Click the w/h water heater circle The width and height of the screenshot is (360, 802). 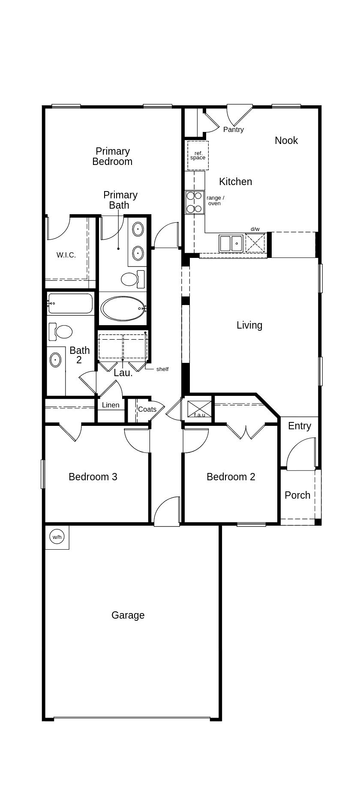[57, 537]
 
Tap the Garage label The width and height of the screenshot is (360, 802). [128, 615]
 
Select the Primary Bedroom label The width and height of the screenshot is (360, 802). [112, 156]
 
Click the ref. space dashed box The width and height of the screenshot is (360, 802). [198, 156]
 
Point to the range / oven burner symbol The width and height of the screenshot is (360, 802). [194, 202]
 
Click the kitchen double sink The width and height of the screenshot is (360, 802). [231, 243]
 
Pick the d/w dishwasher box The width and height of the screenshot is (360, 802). [255, 243]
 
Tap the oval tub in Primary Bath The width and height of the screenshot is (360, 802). [123, 308]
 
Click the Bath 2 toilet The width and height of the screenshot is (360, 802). [61, 332]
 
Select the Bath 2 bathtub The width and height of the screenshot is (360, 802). [70, 303]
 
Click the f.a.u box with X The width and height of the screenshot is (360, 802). [199, 409]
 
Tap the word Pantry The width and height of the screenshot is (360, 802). [234, 129]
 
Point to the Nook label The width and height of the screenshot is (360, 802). [286, 141]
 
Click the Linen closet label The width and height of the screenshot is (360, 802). [111, 405]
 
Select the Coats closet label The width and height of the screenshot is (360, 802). [147, 410]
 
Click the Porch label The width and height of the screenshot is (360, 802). [297, 495]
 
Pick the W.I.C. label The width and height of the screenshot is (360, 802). [66, 255]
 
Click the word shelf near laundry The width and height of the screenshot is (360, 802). [162, 369]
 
